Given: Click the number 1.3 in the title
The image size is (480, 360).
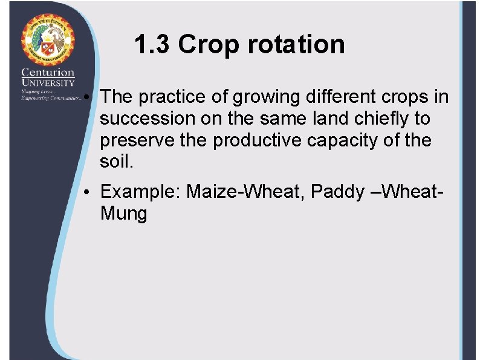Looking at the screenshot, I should [152, 44].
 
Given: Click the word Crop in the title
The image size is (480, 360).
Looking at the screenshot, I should [206, 45].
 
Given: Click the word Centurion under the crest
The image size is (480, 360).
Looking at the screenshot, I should [48, 73].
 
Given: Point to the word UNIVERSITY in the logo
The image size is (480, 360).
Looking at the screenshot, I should [48, 82].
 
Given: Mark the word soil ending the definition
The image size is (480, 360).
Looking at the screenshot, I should [112, 162].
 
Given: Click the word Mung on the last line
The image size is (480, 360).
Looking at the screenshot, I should [123, 214].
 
